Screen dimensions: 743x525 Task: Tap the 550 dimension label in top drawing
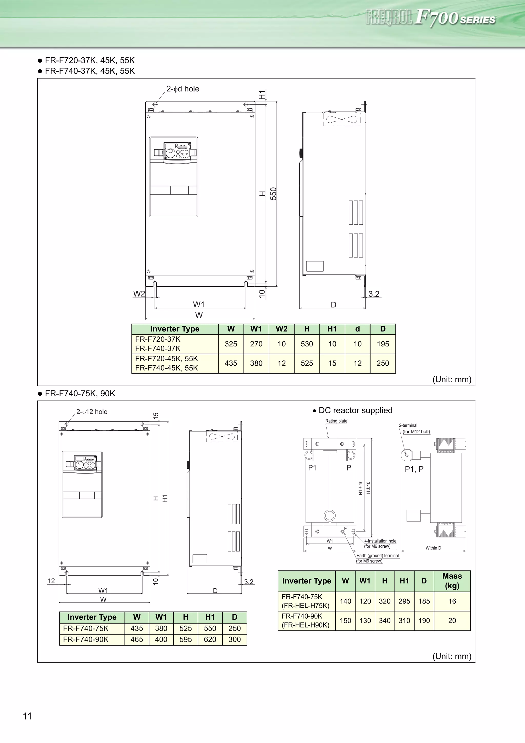[x=273, y=194]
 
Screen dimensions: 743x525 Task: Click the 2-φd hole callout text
[x=183, y=89]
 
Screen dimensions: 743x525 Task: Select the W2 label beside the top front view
[x=139, y=294]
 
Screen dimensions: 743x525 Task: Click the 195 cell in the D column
[x=383, y=344]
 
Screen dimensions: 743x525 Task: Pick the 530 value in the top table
[x=307, y=344]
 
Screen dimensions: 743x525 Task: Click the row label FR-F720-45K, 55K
[x=166, y=359]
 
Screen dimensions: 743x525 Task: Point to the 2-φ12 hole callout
[x=92, y=412]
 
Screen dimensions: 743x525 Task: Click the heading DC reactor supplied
[x=355, y=410]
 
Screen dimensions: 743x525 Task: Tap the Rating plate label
[x=336, y=421]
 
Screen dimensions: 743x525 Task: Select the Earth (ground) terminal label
[x=378, y=556]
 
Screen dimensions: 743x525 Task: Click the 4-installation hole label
[x=380, y=541]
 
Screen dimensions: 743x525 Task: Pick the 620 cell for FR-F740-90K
[x=210, y=639]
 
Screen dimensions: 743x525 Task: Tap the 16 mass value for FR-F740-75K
[x=452, y=601]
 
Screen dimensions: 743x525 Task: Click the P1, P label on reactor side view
[x=414, y=469]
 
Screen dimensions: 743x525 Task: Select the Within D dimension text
[x=433, y=548]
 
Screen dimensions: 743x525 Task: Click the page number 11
[x=27, y=716]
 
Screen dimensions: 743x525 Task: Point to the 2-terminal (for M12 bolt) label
[x=414, y=428]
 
